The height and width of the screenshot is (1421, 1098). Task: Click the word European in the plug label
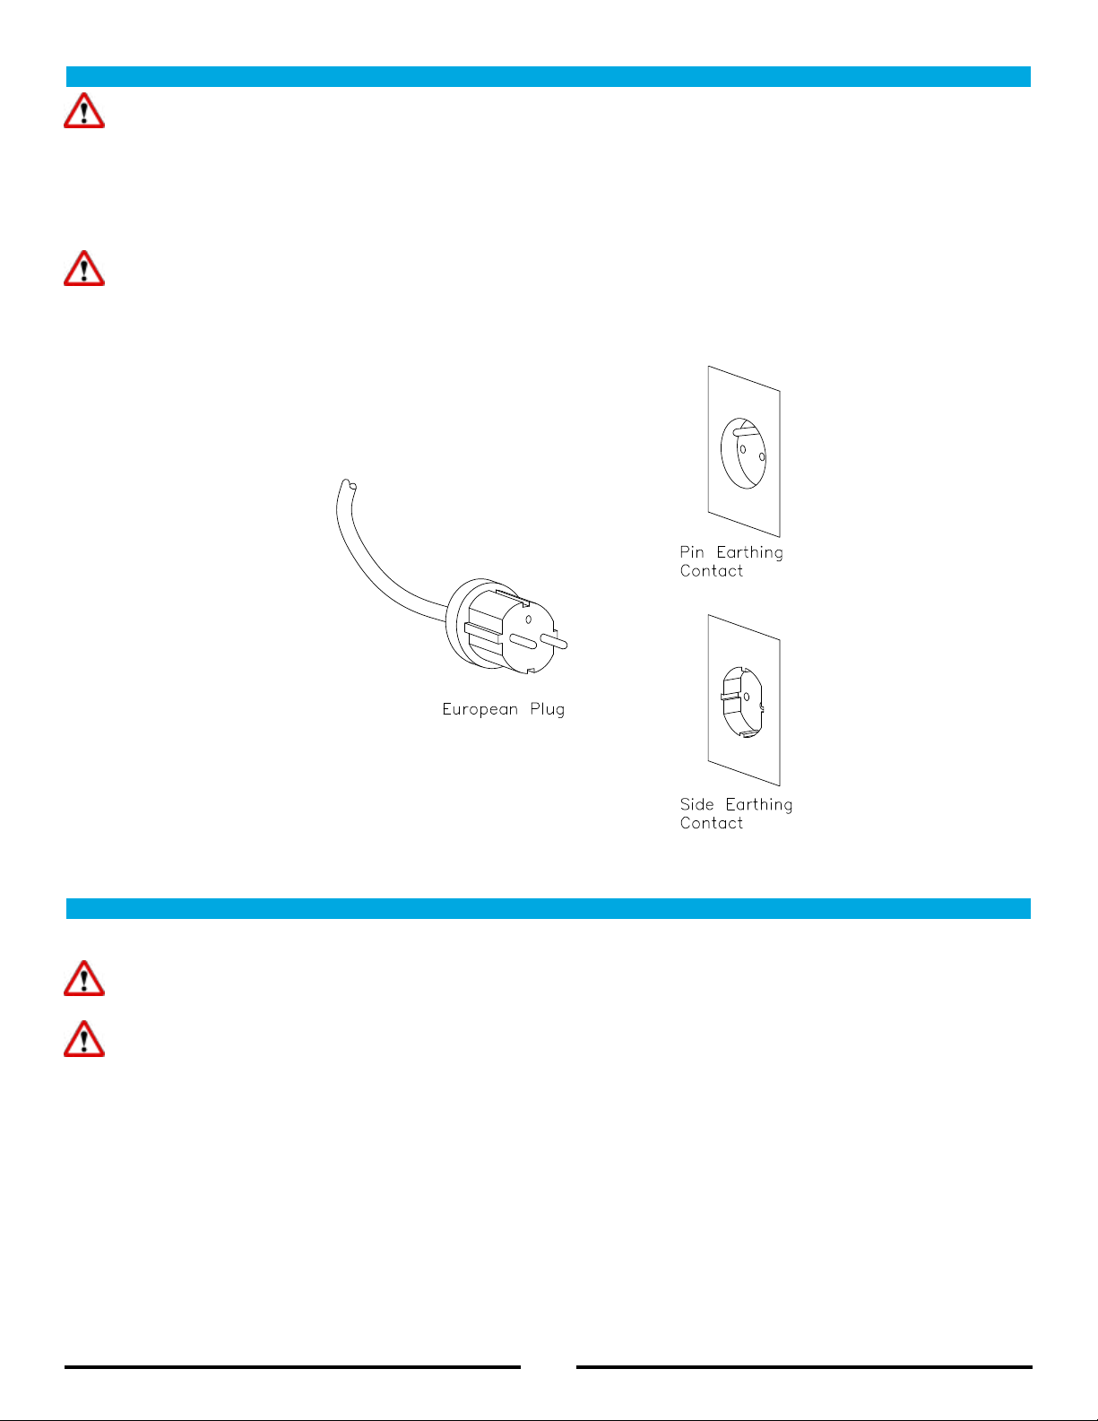click(x=480, y=709)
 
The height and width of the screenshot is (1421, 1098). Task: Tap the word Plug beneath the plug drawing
click(x=547, y=710)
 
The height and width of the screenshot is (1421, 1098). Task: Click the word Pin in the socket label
click(x=691, y=552)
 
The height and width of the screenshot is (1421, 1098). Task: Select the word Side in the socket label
click(x=696, y=804)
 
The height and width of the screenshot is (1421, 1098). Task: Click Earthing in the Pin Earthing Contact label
click(x=749, y=553)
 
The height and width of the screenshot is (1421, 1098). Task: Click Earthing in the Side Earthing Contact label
click(x=759, y=805)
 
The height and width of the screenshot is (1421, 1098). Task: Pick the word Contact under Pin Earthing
click(x=711, y=571)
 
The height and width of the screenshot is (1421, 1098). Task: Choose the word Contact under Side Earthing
click(x=711, y=823)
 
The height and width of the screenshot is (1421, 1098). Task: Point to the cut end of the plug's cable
click(x=349, y=485)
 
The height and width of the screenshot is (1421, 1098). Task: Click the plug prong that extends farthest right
click(x=554, y=642)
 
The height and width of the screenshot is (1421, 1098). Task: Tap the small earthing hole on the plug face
click(x=528, y=620)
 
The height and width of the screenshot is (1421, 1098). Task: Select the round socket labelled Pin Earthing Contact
click(x=743, y=453)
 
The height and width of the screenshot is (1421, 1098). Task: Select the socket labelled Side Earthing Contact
click(x=742, y=702)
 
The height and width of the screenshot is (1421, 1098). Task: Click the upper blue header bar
click(x=549, y=76)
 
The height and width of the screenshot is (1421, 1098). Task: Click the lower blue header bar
click(x=549, y=908)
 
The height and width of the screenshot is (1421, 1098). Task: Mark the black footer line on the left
click(x=293, y=1366)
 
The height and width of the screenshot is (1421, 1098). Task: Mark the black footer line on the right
click(x=804, y=1366)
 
